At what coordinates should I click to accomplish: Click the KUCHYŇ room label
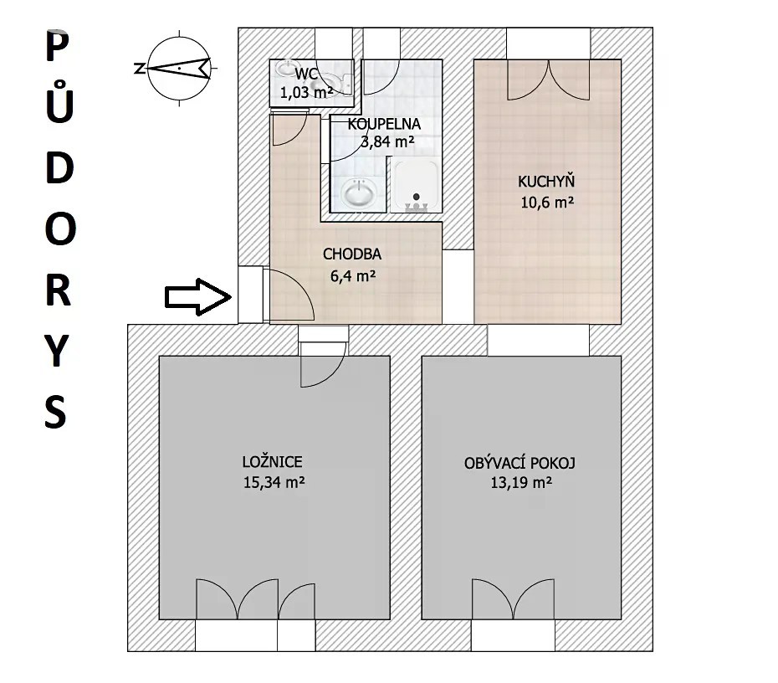click(546, 182)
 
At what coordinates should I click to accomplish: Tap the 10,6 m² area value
click(547, 202)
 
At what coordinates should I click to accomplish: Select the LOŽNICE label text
click(272, 462)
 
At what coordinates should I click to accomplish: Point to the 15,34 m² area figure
click(274, 482)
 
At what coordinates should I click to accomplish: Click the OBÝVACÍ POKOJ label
click(520, 463)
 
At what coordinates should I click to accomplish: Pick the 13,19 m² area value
click(521, 482)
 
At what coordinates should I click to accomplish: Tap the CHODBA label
click(352, 254)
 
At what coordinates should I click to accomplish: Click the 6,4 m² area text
click(353, 275)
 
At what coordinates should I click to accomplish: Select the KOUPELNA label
click(384, 124)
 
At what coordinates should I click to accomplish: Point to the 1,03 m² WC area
click(306, 92)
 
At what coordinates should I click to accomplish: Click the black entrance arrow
click(198, 297)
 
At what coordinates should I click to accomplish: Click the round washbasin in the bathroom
click(359, 193)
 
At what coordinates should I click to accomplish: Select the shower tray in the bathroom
click(416, 185)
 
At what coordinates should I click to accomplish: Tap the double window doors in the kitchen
click(549, 80)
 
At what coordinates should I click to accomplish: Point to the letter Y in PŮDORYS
click(57, 351)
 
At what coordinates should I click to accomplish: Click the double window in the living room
click(513, 598)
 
